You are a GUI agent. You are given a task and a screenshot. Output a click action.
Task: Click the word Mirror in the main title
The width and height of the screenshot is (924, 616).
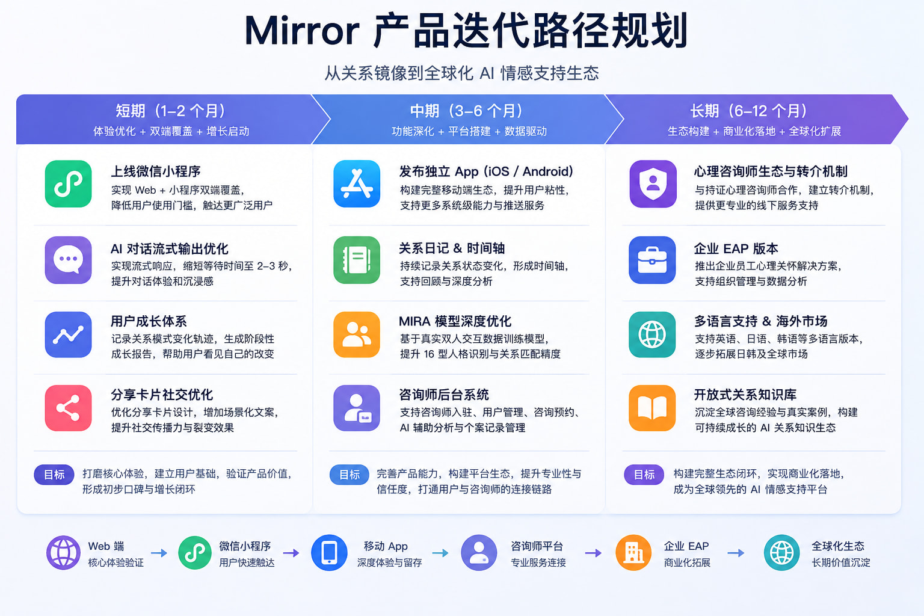click(302, 31)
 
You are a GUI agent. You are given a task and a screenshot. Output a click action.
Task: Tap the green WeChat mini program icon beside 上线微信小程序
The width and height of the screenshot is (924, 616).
click(68, 183)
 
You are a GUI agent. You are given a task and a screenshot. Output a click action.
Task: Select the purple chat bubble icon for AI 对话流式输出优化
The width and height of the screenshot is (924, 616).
click(68, 260)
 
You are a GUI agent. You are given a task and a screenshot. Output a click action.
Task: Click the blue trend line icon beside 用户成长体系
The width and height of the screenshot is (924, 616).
click(68, 334)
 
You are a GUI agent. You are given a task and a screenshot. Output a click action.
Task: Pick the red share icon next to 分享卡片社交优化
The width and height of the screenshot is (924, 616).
click(68, 408)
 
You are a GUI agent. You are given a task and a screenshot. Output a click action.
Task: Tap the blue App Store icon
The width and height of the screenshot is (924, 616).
click(357, 183)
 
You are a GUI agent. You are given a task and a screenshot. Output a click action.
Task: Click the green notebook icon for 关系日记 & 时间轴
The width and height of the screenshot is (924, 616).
click(357, 260)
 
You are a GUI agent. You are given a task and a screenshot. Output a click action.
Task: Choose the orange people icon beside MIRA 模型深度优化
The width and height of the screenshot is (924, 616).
click(357, 334)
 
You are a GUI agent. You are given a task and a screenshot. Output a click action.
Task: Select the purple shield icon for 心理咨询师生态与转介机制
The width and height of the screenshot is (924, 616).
click(653, 183)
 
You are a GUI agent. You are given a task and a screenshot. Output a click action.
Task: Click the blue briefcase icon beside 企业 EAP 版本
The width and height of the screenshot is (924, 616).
click(652, 260)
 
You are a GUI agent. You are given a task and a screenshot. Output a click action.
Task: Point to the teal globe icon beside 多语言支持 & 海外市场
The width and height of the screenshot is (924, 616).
click(652, 334)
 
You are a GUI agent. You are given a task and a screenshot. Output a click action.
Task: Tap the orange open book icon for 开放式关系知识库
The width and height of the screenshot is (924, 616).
click(652, 408)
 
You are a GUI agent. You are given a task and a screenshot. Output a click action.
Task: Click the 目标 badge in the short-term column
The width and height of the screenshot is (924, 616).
click(54, 475)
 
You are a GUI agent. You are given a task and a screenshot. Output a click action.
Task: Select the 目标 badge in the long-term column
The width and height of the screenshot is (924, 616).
click(644, 475)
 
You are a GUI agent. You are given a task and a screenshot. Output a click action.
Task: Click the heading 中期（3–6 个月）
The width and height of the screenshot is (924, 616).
click(467, 111)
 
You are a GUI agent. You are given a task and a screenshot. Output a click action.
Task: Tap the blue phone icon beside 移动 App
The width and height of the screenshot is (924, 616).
click(329, 553)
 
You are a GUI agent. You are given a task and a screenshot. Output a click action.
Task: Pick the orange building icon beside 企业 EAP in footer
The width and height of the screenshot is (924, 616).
click(633, 553)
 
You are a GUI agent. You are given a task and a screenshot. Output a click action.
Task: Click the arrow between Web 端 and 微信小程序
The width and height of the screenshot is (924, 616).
click(159, 553)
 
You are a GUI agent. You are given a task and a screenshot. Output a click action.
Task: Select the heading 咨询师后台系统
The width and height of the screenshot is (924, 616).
click(444, 395)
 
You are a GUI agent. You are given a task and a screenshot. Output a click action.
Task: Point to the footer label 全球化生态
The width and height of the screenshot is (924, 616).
click(838, 546)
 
